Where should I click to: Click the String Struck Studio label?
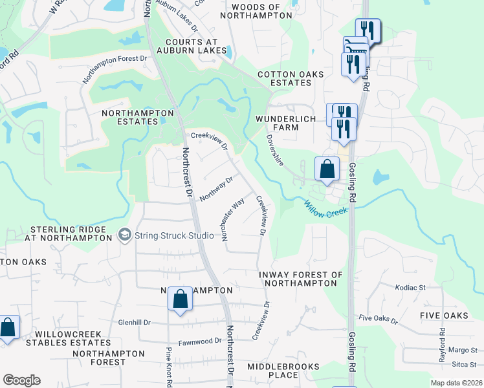click(173, 235)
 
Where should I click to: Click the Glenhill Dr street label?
click(134, 323)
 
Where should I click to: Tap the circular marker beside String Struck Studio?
click(125, 235)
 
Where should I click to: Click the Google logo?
click(21, 380)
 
